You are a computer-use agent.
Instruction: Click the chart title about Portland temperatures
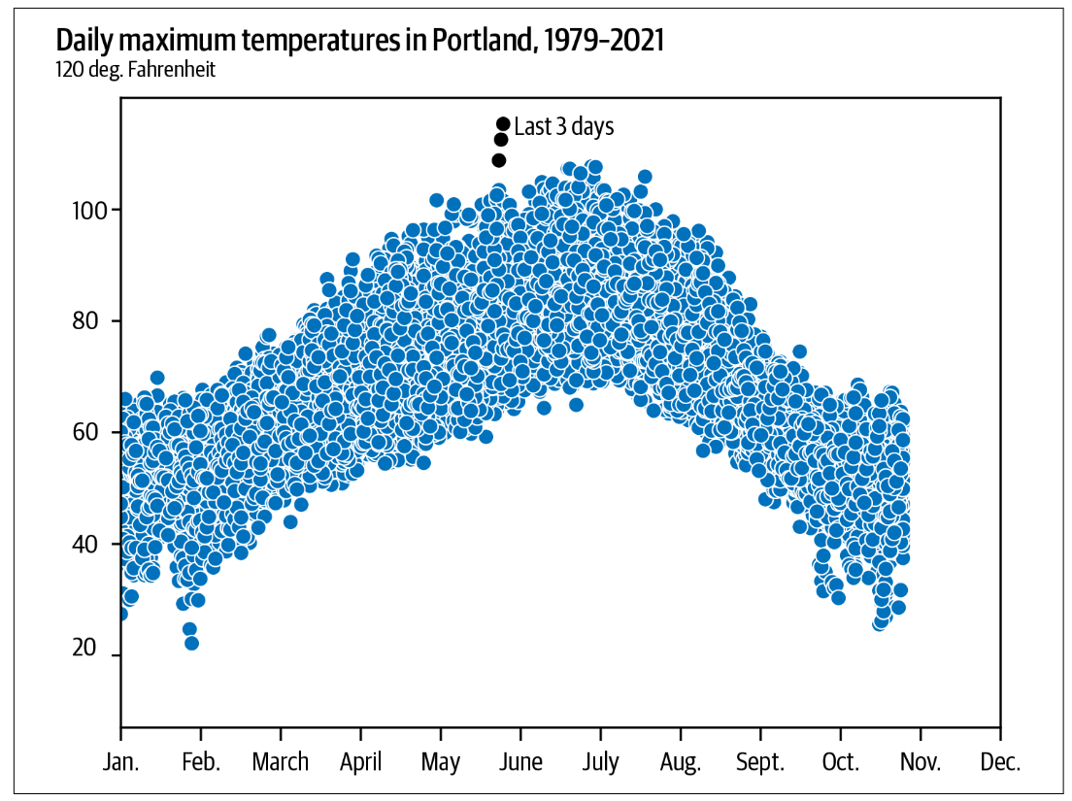pyautogui.click(x=359, y=41)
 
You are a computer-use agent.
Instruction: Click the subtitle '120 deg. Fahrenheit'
pyautogui.click(x=135, y=70)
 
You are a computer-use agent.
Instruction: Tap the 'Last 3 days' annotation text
pyautogui.click(x=563, y=126)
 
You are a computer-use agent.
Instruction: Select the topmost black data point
pyautogui.click(x=503, y=123)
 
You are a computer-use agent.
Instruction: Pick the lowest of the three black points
pyautogui.click(x=499, y=160)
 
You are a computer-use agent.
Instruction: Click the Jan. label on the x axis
pyautogui.click(x=120, y=762)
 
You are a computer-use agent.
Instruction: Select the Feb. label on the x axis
pyautogui.click(x=201, y=762)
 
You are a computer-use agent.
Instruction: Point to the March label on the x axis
pyautogui.click(x=281, y=762)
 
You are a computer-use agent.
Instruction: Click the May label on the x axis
pyautogui.click(x=441, y=762)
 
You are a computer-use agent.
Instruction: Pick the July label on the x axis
pyautogui.click(x=600, y=762)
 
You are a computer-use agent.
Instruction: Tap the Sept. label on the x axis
pyautogui.click(x=760, y=762)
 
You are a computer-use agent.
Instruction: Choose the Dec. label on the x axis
pyautogui.click(x=1000, y=762)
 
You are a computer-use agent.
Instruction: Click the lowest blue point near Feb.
pyautogui.click(x=191, y=643)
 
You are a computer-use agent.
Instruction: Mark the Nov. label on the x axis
pyautogui.click(x=921, y=762)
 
